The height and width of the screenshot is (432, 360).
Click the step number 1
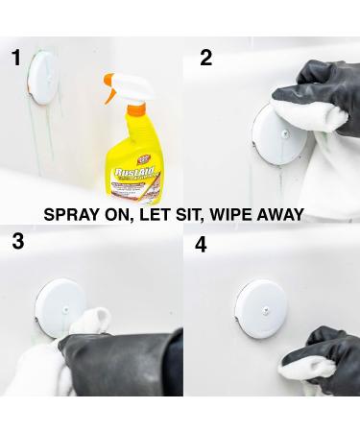tap(15, 59)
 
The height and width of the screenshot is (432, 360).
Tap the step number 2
tap(205, 59)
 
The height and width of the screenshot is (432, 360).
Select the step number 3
tap(17, 241)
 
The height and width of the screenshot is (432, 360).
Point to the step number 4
tap(201, 245)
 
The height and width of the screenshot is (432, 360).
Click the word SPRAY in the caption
tap(74, 215)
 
